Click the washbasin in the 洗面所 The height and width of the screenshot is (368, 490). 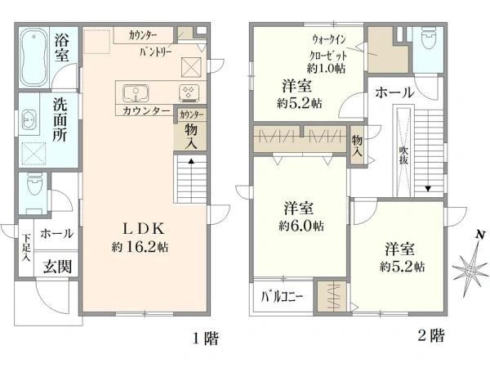[x=29, y=119]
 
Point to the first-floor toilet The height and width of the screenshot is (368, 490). [x=33, y=187]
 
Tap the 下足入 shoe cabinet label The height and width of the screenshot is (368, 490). [x=26, y=246]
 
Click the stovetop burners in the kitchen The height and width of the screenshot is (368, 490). [x=189, y=92]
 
